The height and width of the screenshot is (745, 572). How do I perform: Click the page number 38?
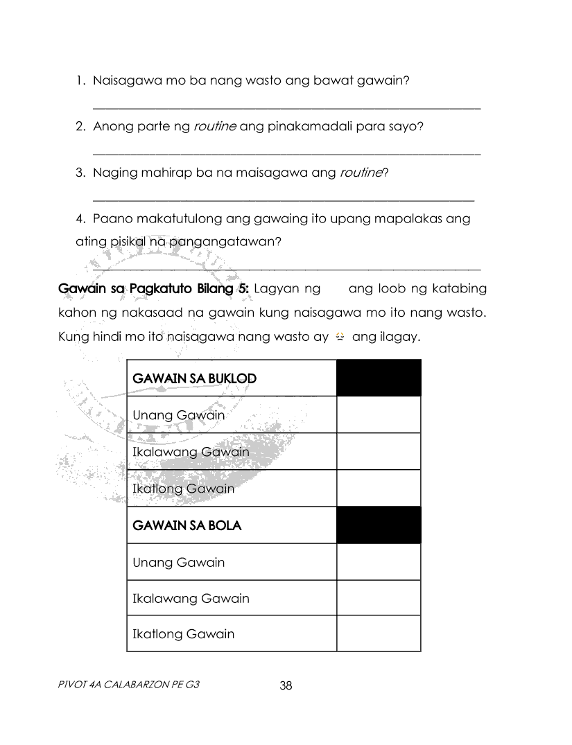coord(286,686)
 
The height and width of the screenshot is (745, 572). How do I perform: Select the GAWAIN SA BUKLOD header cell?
coord(232,378)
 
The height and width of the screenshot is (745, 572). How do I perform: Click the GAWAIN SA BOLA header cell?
coord(232,525)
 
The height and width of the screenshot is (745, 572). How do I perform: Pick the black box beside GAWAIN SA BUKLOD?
coord(379,378)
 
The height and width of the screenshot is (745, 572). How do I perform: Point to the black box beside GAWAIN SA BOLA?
coord(379,525)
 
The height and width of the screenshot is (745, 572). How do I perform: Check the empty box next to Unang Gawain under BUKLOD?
coord(379,415)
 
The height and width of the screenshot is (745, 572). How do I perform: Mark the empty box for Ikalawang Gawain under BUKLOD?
coord(379,452)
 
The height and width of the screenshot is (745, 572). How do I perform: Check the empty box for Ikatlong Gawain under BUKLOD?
coord(379,489)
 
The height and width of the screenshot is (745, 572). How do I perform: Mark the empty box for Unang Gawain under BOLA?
coord(379,562)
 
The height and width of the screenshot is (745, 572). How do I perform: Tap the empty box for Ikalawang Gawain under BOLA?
coord(379,598)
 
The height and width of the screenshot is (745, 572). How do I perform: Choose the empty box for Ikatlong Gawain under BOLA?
coord(379,633)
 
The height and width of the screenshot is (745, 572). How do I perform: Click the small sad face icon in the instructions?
coord(340,338)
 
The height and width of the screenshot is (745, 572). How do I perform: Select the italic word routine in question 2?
coord(214,127)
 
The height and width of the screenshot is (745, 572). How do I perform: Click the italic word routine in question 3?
coord(361,173)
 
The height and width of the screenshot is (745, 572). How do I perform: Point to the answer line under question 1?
coord(286,108)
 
